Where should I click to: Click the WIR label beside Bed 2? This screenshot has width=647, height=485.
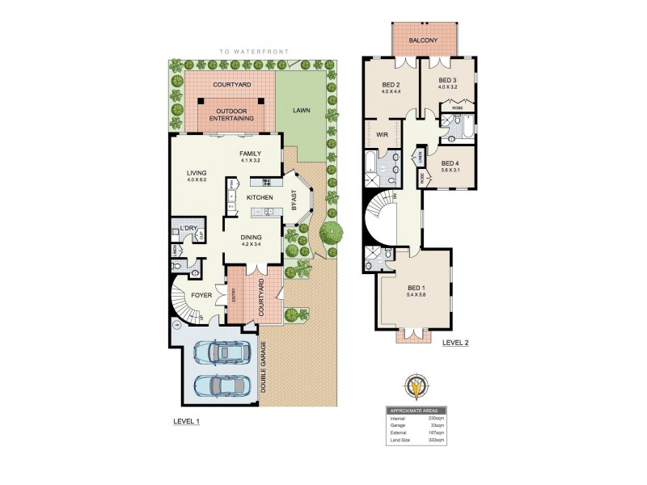click(383, 136)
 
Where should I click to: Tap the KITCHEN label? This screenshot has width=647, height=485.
click(260, 198)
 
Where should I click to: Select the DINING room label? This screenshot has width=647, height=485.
click(252, 237)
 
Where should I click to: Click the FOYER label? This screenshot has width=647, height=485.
click(202, 295)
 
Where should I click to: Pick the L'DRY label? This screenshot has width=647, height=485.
click(189, 228)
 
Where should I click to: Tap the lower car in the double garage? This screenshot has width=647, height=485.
click(221, 386)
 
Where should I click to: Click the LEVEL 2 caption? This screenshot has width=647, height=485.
click(455, 342)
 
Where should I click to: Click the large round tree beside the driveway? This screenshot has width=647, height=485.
click(330, 234)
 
